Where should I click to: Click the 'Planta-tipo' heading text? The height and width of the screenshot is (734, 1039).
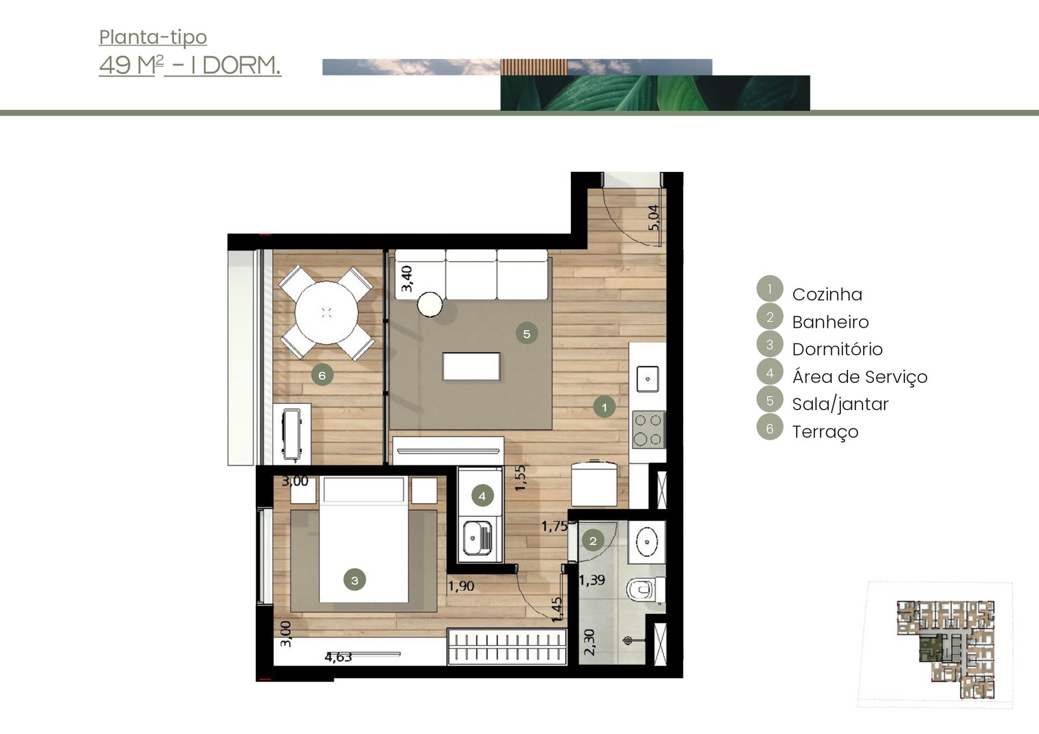153,38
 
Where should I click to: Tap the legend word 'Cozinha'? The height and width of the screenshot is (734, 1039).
827,295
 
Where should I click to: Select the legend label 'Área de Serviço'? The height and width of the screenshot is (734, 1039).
860,376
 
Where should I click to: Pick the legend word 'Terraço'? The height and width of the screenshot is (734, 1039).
825,432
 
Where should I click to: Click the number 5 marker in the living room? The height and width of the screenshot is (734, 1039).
527,334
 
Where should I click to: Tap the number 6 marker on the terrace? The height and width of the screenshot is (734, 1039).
322,375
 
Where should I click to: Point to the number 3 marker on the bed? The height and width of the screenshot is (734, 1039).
355,580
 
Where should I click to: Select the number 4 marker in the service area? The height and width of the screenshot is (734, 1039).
482,496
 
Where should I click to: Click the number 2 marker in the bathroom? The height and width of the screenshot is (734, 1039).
593,541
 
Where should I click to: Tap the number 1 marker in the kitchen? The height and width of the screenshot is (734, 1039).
604,407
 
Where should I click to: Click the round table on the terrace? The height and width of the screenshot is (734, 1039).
326,313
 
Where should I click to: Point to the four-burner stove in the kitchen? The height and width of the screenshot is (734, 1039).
648,430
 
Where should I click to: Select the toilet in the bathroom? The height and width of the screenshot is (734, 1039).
645,590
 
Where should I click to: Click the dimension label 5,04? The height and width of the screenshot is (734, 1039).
653,217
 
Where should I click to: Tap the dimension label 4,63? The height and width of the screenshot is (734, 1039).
338,657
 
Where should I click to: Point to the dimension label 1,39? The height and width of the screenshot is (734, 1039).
592,580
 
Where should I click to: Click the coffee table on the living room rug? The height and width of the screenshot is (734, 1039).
471,366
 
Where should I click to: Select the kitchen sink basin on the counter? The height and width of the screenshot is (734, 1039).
647,379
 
